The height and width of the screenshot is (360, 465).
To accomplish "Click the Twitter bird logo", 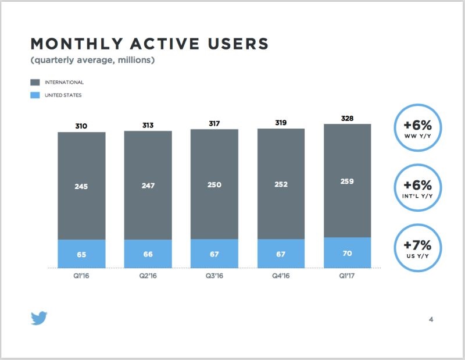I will [x=39, y=318].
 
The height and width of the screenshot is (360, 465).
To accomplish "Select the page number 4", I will [x=431, y=319].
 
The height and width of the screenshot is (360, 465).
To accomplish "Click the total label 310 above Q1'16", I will [x=81, y=126].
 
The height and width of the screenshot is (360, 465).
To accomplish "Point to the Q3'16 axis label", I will [x=214, y=276].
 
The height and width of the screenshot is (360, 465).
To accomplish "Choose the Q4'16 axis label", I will [x=281, y=276].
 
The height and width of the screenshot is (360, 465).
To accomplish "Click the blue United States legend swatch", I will [x=35, y=95].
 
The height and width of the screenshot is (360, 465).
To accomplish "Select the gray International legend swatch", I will [x=35, y=83].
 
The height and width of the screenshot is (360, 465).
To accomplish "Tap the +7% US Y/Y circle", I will [x=417, y=247].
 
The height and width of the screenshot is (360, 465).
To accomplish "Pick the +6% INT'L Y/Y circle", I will [x=417, y=188].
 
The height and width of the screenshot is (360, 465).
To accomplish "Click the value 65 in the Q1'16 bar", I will [x=81, y=254].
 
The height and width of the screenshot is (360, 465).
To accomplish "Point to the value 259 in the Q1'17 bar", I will [x=347, y=181].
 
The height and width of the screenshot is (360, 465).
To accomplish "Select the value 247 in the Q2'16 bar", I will [x=148, y=186].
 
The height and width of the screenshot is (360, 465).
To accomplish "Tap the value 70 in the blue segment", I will [x=347, y=253].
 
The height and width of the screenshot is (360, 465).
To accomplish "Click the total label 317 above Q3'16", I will [x=214, y=123].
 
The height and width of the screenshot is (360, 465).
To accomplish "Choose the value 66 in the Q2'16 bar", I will [x=148, y=254].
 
